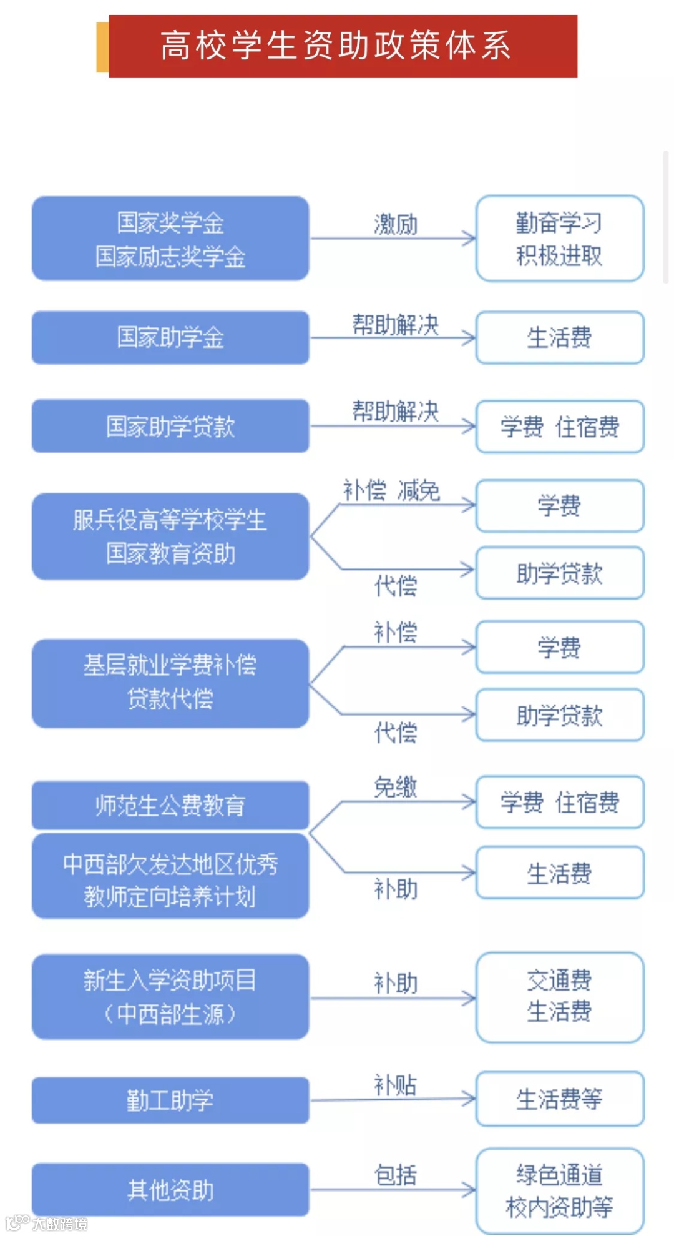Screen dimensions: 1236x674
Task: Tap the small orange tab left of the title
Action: pyautogui.click(x=102, y=47)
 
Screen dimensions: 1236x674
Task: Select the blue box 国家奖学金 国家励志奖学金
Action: pyautogui.click(x=170, y=239)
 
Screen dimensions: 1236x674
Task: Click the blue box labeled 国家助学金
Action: pyautogui.click(x=170, y=337)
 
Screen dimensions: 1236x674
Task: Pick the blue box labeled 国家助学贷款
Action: pyautogui.click(x=170, y=426)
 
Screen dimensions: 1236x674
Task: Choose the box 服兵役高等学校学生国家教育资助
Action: pyautogui.click(x=170, y=536)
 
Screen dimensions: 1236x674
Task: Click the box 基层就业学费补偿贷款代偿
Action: pyautogui.click(x=170, y=683)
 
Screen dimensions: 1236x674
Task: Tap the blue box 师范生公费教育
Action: pyautogui.click(x=170, y=805)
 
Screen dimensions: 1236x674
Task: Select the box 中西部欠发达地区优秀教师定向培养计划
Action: pyautogui.click(x=170, y=879)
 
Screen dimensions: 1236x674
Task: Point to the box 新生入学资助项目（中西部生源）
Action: pyautogui.click(x=170, y=996)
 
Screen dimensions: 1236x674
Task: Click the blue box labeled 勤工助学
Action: pyautogui.click(x=170, y=1100)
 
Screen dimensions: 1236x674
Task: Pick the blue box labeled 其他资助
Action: pyautogui.click(x=170, y=1190)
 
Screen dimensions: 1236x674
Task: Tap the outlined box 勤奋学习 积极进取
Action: pyautogui.click(x=559, y=239)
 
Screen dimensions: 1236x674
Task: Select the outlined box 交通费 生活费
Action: pyautogui.click(x=559, y=996)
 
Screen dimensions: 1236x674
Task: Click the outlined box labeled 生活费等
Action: pyautogui.click(x=559, y=1099)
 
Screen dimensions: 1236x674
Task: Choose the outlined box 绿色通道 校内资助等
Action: pyautogui.click(x=559, y=1190)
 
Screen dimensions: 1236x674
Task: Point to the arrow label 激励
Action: pyautogui.click(x=396, y=224)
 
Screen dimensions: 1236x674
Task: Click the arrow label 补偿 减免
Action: pyautogui.click(x=391, y=490)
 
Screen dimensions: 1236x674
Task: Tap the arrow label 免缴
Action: pyautogui.click(x=396, y=787)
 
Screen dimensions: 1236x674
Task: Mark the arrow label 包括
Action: pyautogui.click(x=396, y=1175)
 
